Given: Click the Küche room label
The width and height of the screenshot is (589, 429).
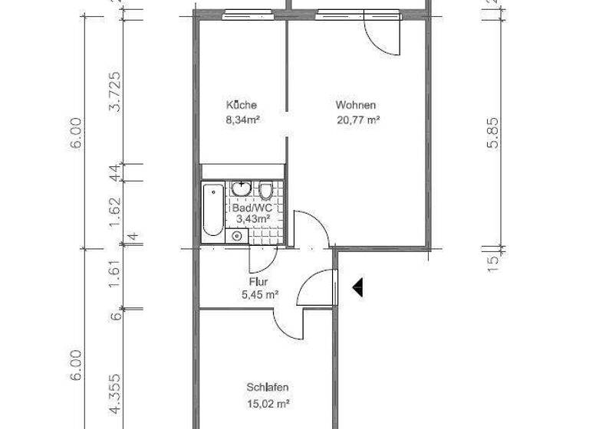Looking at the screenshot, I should [241, 105].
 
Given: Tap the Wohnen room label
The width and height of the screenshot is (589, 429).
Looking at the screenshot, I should [355, 105].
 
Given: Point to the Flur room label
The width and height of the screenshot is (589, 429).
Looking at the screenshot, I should [258, 282].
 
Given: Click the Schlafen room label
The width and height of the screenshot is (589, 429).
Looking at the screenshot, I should [268, 388].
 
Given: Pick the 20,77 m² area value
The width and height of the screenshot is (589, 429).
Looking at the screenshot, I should [359, 120].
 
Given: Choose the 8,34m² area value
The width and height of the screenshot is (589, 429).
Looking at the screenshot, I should [242, 120].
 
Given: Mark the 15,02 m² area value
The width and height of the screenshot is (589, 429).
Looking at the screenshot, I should [268, 403].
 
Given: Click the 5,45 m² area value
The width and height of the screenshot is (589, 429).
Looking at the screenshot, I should [259, 295].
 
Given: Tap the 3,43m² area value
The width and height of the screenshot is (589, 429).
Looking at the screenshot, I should [253, 219].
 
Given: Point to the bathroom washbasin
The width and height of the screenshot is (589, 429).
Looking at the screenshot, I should [242, 188].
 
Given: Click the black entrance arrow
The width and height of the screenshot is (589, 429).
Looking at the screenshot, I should [357, 287].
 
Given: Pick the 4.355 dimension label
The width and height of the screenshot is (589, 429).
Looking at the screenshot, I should [115, 392].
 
